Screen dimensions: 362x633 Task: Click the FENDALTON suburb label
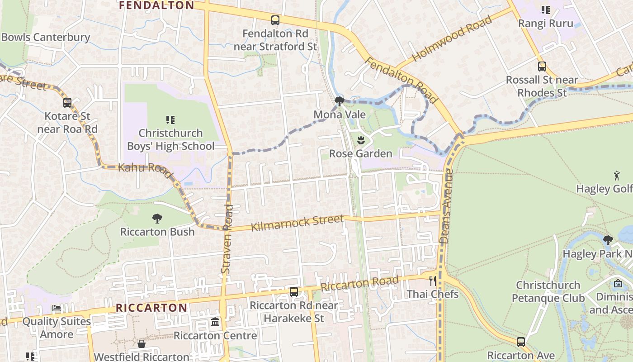tap(156, 5)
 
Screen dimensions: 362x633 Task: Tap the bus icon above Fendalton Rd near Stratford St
tap(275, 20)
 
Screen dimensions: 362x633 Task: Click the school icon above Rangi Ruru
tap(546, 10)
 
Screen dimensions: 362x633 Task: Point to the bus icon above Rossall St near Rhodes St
tap(542, 67)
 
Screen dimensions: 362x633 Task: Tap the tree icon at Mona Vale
tap(339, 101)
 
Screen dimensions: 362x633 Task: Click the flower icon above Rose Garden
tap(361, 140)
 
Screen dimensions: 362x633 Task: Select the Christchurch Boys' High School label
tap(170, 140)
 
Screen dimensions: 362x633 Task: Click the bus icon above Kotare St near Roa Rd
tap(67, 103)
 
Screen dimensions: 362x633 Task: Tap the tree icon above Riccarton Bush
tap(157, 219)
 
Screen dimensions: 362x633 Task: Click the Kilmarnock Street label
tap(297, 223)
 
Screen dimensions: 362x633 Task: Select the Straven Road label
tap(227, 238)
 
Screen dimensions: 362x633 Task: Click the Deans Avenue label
tap(447, 206)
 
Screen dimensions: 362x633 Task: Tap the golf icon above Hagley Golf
tap(617, 175)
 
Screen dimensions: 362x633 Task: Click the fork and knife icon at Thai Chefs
tap(433, 281)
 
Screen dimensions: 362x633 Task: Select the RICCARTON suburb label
tap(151, 308)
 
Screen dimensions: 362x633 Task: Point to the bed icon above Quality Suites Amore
tap(57, 308)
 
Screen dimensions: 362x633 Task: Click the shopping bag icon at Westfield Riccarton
tap(141, 344)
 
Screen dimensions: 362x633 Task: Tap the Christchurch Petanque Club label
tap(548, 292)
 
